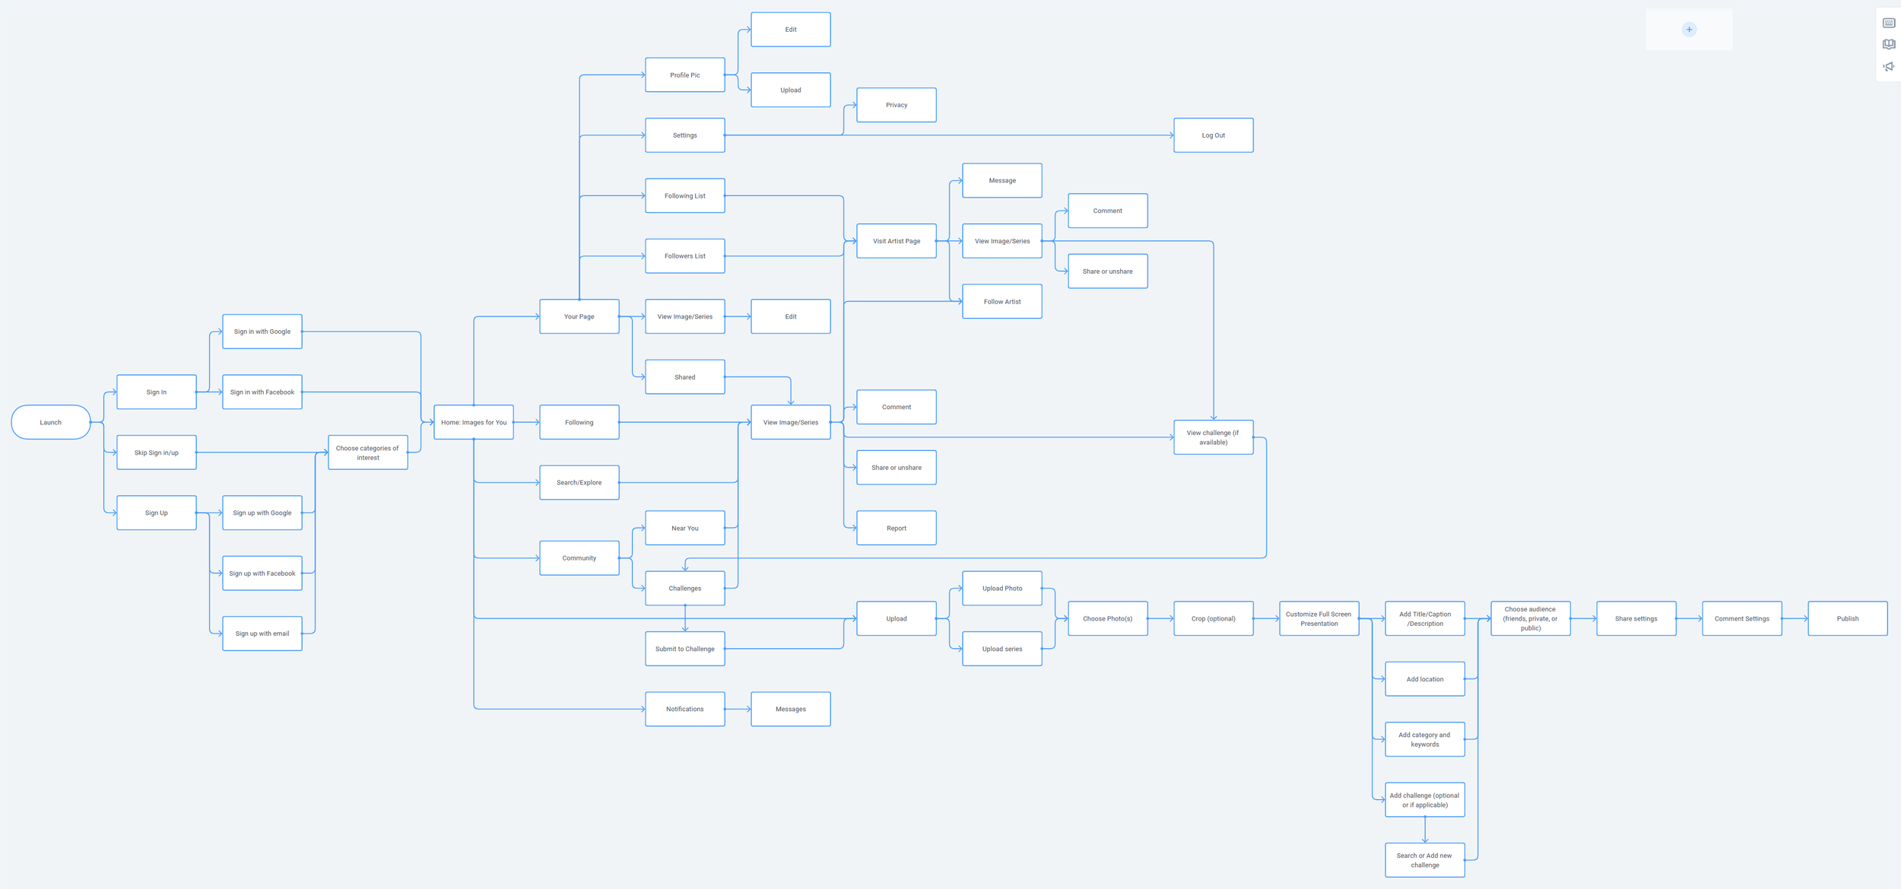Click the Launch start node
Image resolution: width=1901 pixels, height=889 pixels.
point(50,422)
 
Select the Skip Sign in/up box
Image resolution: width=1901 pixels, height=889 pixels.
point(156,452)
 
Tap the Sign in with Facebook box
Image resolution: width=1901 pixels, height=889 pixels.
point(262,392)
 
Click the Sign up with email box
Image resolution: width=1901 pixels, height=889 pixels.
point(262,633)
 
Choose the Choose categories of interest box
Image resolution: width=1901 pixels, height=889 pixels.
point(367,452)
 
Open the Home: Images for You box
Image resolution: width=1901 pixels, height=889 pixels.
point(473,422)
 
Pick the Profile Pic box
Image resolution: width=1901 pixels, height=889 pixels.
point(684,75)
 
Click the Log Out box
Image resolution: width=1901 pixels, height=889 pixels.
point(1213,135)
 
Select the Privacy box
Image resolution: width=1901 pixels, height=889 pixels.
point(896,105)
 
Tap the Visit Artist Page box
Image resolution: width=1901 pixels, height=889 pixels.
point(896,241)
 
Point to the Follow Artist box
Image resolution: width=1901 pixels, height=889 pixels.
point(1001,302)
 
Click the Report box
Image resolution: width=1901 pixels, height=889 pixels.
point(896,528)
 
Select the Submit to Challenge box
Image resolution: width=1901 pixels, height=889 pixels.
point(684,649)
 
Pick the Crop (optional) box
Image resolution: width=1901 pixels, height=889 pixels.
point(1213,618)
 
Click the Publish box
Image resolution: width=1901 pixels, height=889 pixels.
point(1847,618)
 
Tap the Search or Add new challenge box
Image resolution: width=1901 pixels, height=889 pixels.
point(1424,860)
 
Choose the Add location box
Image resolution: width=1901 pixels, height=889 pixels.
point(1424,679)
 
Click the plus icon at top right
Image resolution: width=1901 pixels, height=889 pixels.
point(1689,30)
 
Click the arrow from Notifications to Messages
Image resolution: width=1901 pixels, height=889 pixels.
point(738,709)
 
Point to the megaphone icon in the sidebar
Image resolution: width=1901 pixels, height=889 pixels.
point(1889,67)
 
